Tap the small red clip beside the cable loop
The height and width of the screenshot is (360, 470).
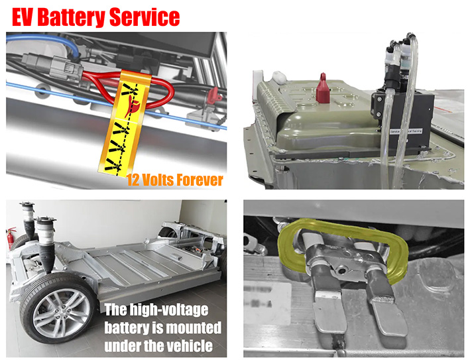click(x=213, y=98)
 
